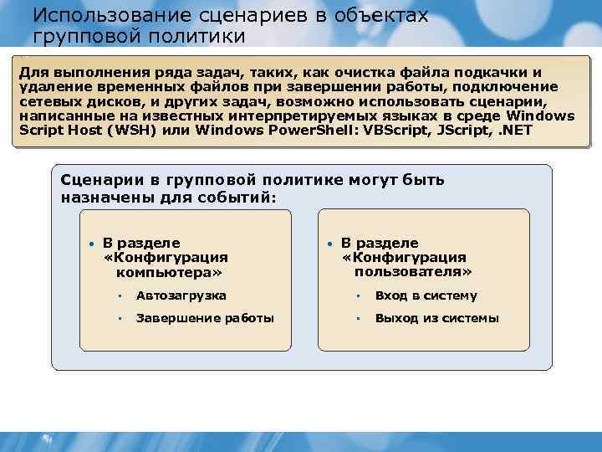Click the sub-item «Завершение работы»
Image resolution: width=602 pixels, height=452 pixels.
coord(205,318)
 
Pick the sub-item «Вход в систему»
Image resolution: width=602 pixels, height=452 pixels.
coord(426,295)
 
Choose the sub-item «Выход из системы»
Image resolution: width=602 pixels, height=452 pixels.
coord(436,318)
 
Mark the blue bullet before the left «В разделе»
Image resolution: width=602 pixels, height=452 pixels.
coord(90,244)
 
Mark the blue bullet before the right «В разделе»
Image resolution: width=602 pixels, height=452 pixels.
coord(330,244)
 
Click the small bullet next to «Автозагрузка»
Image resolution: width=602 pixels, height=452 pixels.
coord(120,295)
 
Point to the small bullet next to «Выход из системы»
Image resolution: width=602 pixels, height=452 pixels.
coord(359,318)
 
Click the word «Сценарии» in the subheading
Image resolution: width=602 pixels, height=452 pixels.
coord(97,180)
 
